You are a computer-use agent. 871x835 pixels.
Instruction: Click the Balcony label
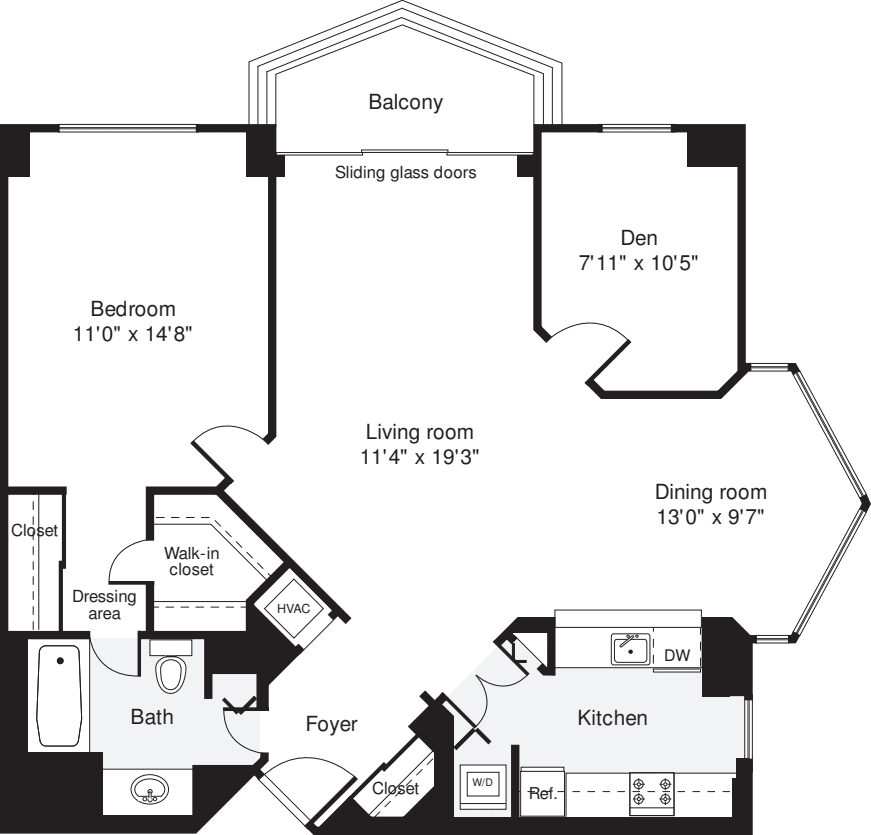tap(405, 102)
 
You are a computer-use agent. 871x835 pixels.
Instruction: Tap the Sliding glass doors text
tap(405, 172)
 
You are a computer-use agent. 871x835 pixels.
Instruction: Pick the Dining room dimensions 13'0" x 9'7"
tap(710, 517)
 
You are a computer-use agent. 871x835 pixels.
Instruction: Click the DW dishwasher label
tap(677, 655)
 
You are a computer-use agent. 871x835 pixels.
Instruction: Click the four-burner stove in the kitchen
tap(651, 791)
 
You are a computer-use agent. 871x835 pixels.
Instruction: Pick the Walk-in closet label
tap(189, 560)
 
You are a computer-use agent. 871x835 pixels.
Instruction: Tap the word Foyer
tap(331, 724)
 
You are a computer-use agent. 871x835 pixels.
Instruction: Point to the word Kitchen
tap(612, 717)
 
